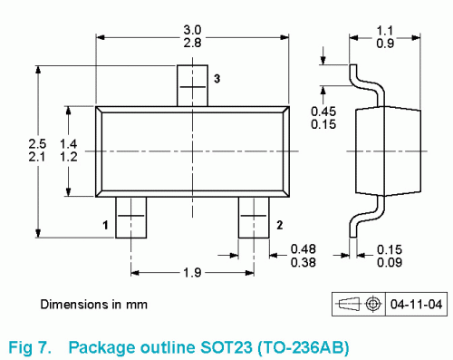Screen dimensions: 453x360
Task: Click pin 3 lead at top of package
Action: pyautogui.click(x=192, y=85)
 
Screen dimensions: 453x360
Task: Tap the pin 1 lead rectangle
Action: pyautogui.click(x=130, y=218)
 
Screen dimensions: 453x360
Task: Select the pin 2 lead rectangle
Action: pyautogui.click(x=254, y=218)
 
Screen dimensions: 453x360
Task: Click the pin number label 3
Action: pyautogui.click(x=217, y=79)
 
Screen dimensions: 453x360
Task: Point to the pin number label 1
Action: pyautogui.click(x=105, y=225)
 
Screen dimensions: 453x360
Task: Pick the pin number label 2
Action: pyautogui.click(x=280, y=225)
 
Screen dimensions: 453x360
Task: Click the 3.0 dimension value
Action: pyautogui.click(x=192, y=30)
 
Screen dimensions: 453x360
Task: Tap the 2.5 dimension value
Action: pyautogui.click(x=37, y=143)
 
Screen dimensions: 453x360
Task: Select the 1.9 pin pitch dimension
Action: pyautogui.click(x=192, y=273)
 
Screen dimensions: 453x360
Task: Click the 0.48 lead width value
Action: pyautogui.click(x=304, y=249)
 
